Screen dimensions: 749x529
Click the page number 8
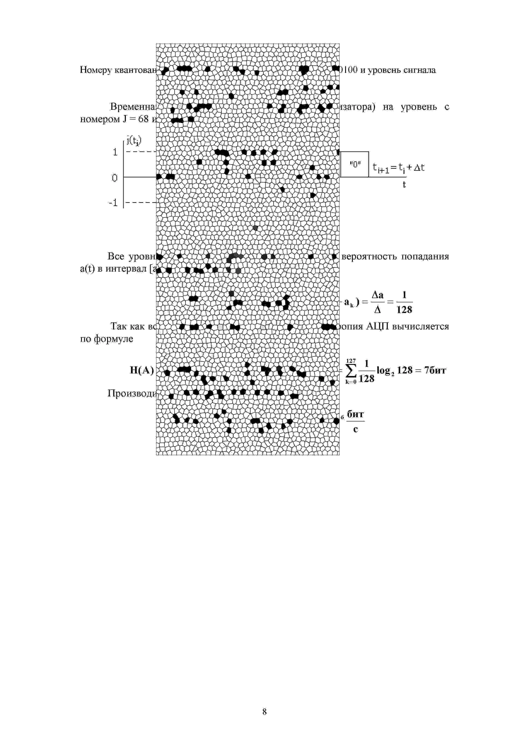pyautogui.click(x=264, y=711)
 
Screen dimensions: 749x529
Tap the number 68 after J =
pyautogui.click(x=143, y=119)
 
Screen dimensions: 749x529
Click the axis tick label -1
pyautogui.click(x=113, y=203)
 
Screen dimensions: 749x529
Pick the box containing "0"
pyautogui.click(x=355, y=164)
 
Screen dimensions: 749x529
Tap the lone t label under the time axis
pyautogui.click(x=404, y=185)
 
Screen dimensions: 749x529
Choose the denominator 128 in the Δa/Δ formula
pyautogui.click(x=404, y=310)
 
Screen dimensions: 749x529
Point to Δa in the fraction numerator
pyautogui.click(x=377, y=295)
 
